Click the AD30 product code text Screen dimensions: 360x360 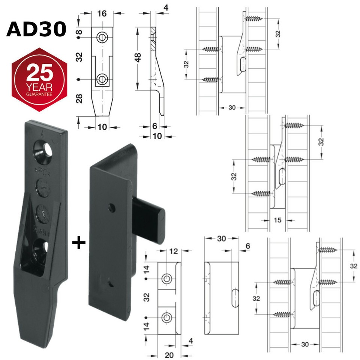(x=36, y=29)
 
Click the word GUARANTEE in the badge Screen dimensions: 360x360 (x=39, y=95)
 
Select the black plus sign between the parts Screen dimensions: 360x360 (x=79, y=243)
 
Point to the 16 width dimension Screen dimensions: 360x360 (x=102, y=14)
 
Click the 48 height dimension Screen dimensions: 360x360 (x=138, y=57)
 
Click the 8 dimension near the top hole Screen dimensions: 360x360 (x=79, y=32)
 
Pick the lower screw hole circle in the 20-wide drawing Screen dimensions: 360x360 (x=166, y=318)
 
